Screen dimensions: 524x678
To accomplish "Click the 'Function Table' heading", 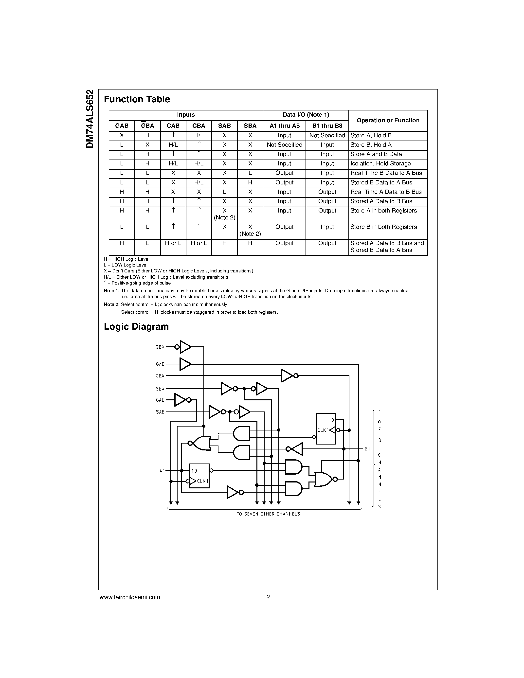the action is [137, 99].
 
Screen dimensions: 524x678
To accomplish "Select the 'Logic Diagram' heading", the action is [136, 327].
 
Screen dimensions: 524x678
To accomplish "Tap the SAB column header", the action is [224, 126].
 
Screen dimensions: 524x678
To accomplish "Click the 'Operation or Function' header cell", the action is [388, 121].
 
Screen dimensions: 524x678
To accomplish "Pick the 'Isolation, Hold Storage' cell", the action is [380, 164].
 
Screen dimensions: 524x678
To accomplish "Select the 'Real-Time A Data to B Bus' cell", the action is [386, 192].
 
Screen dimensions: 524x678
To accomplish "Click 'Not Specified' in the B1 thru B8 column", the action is [327, 135].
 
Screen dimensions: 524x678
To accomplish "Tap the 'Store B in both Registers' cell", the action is [383, 227].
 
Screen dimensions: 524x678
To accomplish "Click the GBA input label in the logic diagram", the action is [160, 347].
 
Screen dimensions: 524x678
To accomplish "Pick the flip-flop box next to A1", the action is [199, 476].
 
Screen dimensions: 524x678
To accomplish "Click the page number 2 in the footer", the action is [268, 597].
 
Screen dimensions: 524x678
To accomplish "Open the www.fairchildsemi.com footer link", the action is [130, 597].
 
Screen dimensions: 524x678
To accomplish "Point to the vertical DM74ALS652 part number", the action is [90, 119].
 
